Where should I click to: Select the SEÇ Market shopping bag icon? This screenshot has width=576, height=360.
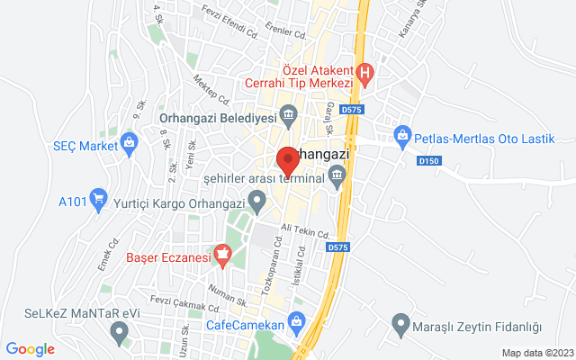[130, 141]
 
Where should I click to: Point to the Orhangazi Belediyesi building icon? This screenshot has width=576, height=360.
[290, 113]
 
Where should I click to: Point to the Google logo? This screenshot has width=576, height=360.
[31, 349]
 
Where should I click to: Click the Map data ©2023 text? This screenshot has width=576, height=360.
[536, 353]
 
